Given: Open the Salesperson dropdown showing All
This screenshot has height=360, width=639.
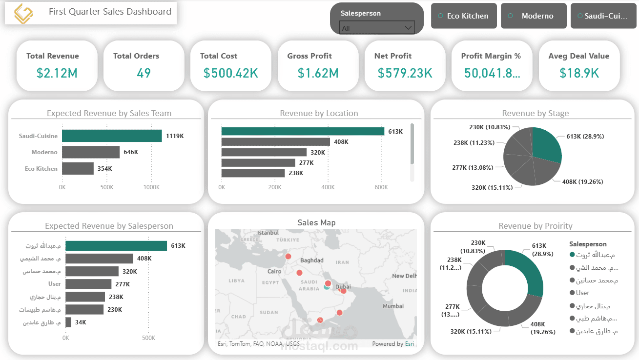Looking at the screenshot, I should pos(376,28).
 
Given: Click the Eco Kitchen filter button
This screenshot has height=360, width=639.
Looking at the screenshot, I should pos(464,16).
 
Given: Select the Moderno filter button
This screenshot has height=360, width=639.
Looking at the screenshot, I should pos(534,16).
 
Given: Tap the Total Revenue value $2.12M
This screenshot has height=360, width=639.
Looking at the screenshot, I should pos(57,73).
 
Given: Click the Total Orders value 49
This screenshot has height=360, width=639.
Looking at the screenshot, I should pos(144,73).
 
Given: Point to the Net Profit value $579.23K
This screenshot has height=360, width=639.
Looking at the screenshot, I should pos(405,73).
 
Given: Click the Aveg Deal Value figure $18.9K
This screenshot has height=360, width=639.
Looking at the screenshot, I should pos(579,73).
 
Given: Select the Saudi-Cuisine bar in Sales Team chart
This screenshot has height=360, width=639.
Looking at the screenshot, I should pos(112,136).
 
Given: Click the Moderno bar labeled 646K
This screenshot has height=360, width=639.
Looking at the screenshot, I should pos(91,152).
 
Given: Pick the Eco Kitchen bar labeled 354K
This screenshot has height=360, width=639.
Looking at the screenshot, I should pos(78,169).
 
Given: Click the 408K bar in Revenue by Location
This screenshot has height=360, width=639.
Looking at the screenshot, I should pos(276,142).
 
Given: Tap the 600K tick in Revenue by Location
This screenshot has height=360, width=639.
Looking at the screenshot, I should pos(381,187).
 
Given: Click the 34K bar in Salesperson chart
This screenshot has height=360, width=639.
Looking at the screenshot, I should pos(68,322).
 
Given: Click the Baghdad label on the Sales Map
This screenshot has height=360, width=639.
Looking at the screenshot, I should pos(312,260).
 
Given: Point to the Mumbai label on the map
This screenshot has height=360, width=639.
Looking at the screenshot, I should pos(393,306).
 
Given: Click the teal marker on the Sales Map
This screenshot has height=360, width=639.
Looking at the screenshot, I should pos(327,287).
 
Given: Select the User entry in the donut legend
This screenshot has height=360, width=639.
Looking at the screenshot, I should pos(582,293).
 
